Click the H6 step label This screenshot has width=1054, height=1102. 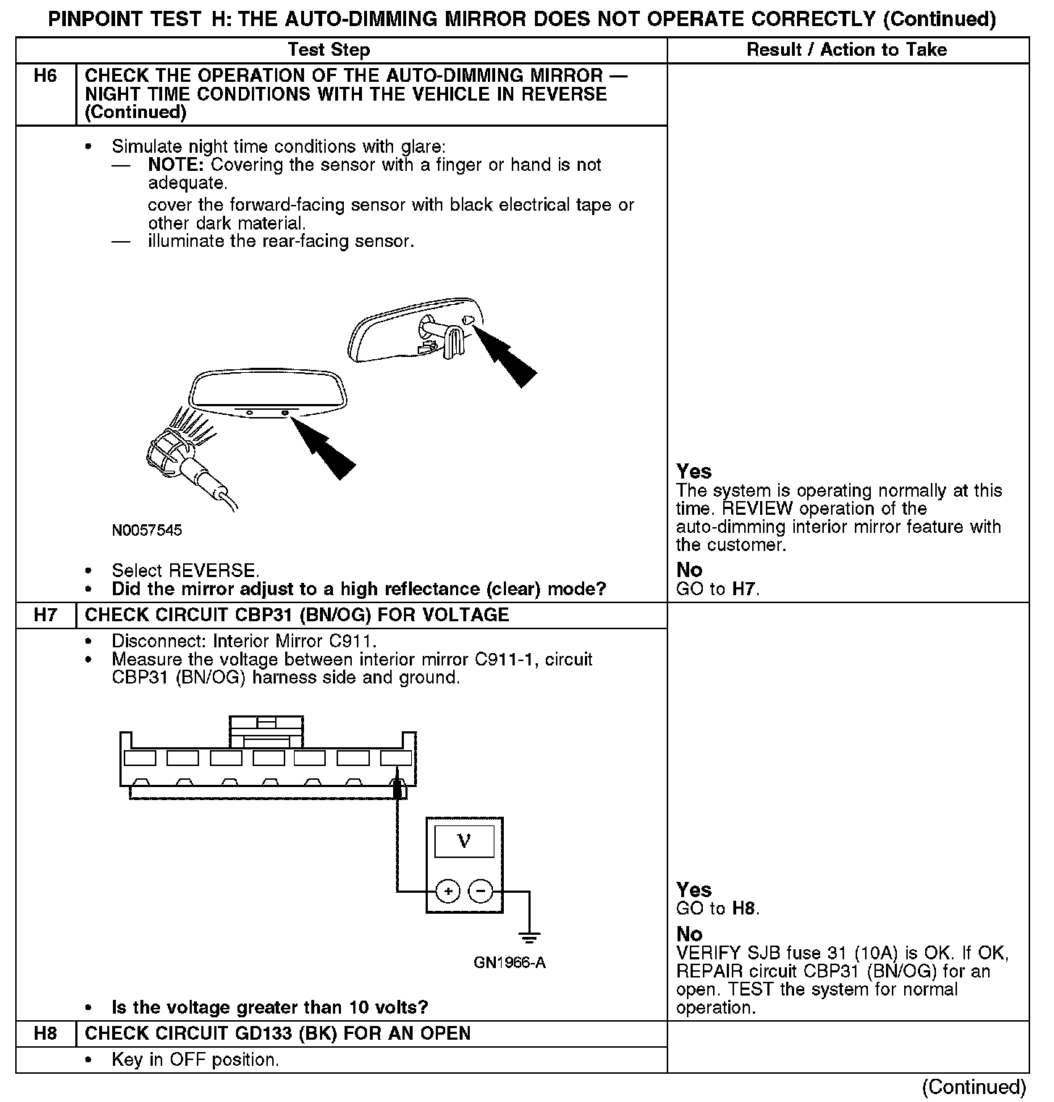(45, 76)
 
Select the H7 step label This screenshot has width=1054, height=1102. (45, 615)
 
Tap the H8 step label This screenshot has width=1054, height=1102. (45, 1033)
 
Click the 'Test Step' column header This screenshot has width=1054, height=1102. (329, 50)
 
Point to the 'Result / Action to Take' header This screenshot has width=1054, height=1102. (846, 50)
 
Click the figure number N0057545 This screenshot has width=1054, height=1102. (147, 531)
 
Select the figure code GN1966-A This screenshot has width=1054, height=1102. (510, 963)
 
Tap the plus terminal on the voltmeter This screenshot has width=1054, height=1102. (448, 891)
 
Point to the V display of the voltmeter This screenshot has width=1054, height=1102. (464, 841)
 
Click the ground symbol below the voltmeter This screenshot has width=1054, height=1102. (530, 938)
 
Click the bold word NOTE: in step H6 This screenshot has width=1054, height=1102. (177, 165)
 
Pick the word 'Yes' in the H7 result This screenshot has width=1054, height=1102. (693, 890)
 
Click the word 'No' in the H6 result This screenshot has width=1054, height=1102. (689, 571)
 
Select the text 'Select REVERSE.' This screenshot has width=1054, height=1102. (185, 571)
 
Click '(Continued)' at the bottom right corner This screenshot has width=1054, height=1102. (974, 1087)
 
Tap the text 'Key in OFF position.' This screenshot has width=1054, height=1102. (195, 1060)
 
